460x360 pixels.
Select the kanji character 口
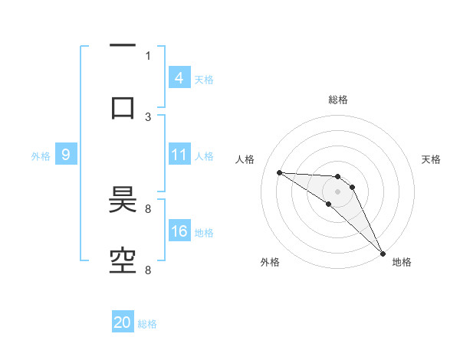pos(123,107)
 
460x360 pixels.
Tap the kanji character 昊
pos(123,201)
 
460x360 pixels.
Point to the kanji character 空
pos(123,260)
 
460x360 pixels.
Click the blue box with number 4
pos(179,77)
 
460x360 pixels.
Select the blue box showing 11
pos(179,155)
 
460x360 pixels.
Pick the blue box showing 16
pos(179,232)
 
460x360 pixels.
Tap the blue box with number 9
pos(66,155)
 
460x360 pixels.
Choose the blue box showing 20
pos(123,322)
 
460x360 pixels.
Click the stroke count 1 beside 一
pos(148,55)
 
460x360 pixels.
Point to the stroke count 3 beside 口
pos(148,116)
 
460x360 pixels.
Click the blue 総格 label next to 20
pos(147,324)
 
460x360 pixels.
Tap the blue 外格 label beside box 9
pos(41,156)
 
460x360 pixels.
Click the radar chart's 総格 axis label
pos(337,100)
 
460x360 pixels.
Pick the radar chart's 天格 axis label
pos(432,159)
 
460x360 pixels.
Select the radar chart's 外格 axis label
pos(270,262)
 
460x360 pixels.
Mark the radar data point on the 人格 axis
pos(279,172)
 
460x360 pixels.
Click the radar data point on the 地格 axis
pos(383,254)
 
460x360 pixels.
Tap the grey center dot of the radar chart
pos(337,191)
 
